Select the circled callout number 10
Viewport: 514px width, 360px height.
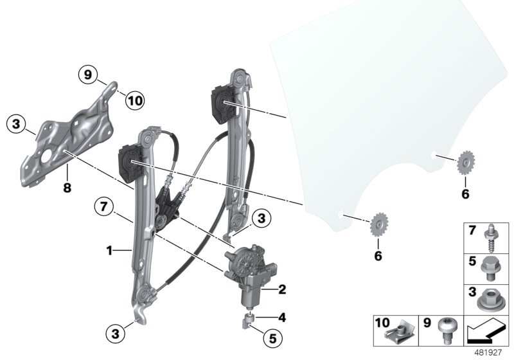point(135,100)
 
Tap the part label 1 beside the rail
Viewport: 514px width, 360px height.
point(110,249)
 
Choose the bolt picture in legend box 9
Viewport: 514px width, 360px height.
point(447,330)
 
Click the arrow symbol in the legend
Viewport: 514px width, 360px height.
point(488,333)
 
